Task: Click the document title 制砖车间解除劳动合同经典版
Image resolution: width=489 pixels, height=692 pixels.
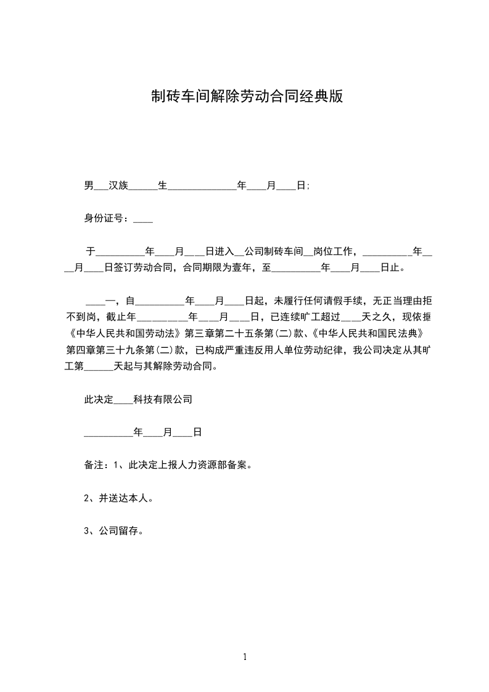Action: click(x=247, y=96)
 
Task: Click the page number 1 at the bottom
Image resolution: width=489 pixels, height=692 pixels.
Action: click(x=245, y=657)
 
